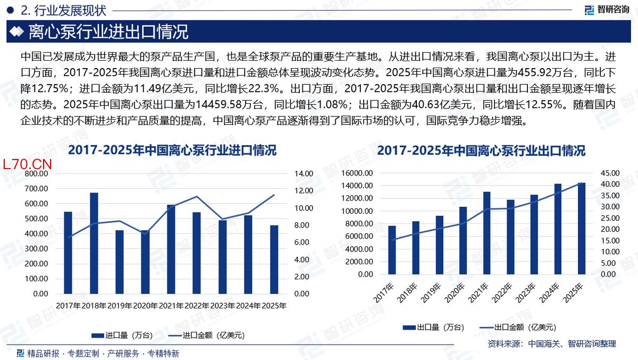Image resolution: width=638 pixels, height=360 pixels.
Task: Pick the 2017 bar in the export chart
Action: pyautogui.click(x=392, y=250)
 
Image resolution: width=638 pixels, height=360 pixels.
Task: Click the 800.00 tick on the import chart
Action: pyautogui.click(x=37, y=173)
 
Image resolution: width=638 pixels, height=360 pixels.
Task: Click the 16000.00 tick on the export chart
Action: pyautogui.click(x=358, y=173)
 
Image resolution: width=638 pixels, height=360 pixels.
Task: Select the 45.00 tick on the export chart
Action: pyautogui.click(x=609, y=173)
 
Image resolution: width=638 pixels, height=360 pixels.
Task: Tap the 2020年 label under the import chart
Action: pyautogui.click(x=145, y=306)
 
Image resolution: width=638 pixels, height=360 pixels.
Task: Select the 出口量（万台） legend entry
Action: pyautogui.click(x=433, y=327)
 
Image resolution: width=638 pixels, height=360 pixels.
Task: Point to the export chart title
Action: pyautogui.click(x=481, y=150)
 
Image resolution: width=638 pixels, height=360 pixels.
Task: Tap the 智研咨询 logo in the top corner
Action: pyautogui.click(x=607, y=10)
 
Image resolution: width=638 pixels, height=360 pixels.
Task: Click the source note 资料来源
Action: pyautogui.click(x=551, y=344)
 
